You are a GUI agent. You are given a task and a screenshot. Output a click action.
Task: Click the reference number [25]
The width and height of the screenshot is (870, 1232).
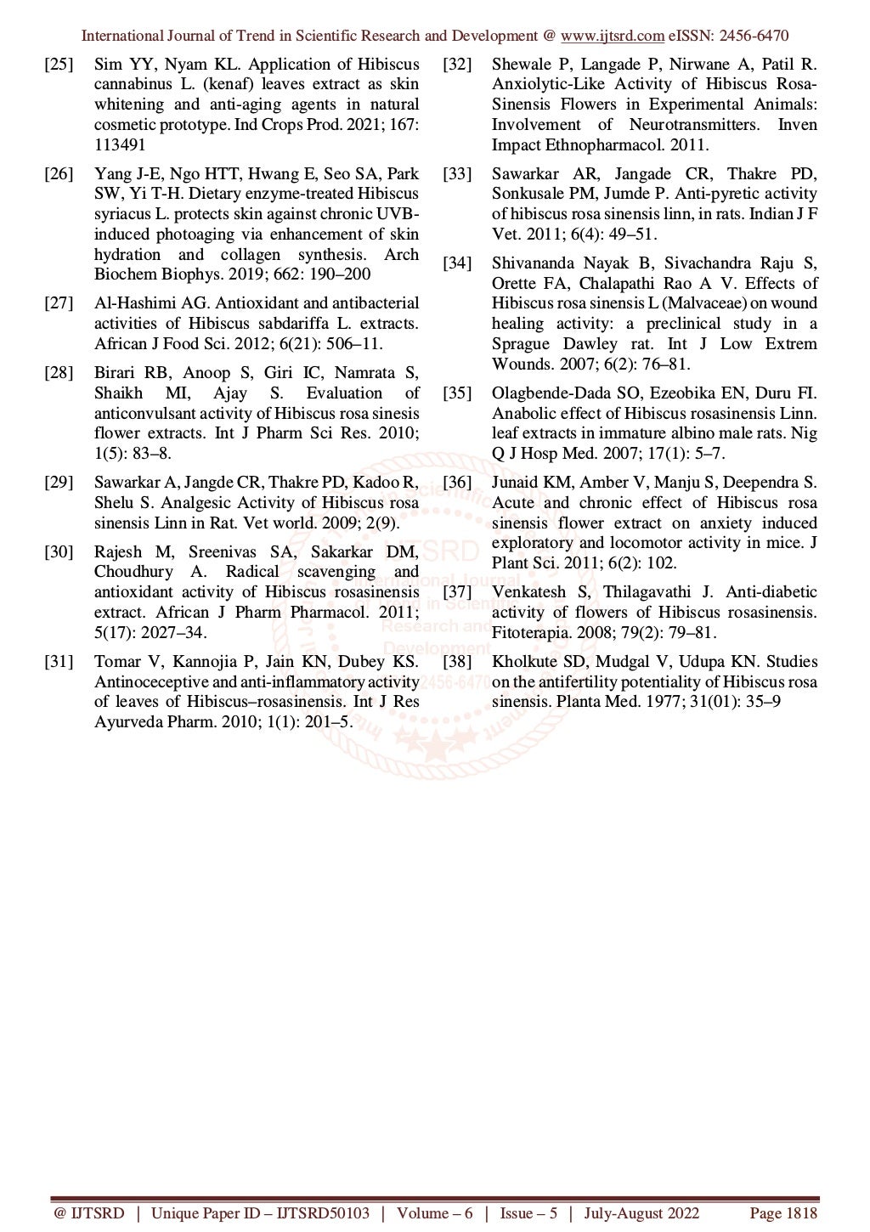click(59, 65)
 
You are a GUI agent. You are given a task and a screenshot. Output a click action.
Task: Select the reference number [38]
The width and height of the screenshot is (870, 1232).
click(457, 662)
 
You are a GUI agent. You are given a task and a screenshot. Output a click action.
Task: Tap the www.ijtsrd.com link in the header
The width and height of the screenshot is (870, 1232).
click(613, 36)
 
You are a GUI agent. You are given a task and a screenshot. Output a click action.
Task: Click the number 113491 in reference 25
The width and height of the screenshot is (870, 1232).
click(120, 145)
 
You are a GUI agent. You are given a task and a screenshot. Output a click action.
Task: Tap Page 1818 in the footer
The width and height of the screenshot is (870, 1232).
click(782, 1212)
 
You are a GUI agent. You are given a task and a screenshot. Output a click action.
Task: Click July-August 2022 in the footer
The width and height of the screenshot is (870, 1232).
click(641, 1212)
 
